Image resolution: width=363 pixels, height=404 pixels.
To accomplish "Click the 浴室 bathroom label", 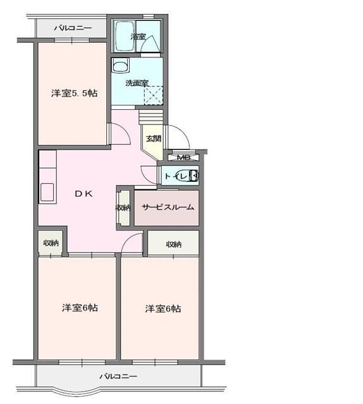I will pos(138,37).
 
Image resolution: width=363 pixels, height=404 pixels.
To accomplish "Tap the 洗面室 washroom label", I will pos(136,83).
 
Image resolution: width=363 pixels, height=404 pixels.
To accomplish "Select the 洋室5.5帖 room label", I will pos(74,93).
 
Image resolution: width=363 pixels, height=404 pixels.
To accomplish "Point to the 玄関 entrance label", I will pos(153,138).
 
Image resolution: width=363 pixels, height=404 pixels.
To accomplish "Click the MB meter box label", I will pos(183,157).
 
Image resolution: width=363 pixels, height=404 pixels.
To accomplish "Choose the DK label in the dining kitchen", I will pos(84,194).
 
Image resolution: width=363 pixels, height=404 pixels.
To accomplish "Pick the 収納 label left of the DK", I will pos(51,242).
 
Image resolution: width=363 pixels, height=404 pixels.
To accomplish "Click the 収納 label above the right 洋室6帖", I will pos(174,244).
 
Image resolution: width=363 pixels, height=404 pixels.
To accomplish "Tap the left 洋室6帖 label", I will pos(79,307).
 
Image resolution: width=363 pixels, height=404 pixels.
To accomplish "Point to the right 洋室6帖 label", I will pos(163,309).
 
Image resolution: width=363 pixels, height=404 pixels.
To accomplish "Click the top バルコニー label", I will pos(73,28).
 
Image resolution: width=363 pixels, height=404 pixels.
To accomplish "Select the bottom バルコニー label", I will pos(118,376).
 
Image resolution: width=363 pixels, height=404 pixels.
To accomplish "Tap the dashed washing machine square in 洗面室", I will pos(154,95).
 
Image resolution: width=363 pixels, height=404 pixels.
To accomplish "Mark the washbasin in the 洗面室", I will pos(121,65).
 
